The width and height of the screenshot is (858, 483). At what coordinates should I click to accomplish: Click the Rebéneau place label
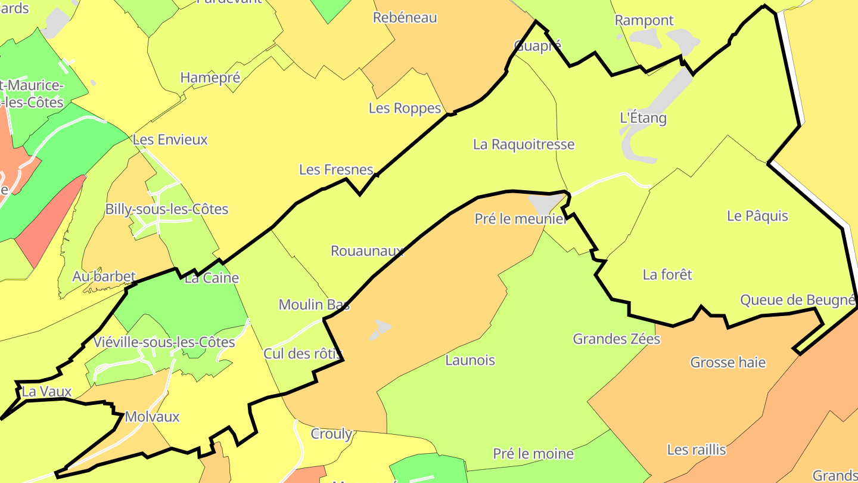405,18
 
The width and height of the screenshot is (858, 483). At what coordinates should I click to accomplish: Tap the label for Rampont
644,20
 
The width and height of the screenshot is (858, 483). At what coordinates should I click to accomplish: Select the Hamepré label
210,78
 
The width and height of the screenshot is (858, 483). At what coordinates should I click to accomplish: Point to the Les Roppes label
405,108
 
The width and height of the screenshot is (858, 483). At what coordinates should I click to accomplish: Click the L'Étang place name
643,117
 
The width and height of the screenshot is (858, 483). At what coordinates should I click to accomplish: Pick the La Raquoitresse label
524,144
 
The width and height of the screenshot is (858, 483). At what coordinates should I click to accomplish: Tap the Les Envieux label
170,140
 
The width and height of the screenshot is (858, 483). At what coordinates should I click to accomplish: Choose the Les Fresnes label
336,170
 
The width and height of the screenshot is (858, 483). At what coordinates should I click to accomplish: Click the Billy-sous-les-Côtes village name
167,209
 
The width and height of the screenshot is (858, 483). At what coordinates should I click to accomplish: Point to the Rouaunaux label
367,251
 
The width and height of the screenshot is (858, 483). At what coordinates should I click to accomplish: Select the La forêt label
667,274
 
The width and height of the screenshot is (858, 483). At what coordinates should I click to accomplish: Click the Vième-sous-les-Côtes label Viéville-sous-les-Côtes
164,342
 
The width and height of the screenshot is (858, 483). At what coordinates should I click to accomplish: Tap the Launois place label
470,360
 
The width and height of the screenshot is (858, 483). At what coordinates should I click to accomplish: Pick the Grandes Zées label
617,339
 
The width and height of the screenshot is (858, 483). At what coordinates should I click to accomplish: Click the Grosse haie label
728,363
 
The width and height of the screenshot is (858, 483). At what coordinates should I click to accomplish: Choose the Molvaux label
152,417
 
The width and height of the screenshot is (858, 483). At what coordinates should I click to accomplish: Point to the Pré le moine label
533,454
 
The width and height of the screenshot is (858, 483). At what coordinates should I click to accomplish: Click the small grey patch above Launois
380,329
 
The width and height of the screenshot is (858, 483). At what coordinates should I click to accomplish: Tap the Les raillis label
697,450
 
